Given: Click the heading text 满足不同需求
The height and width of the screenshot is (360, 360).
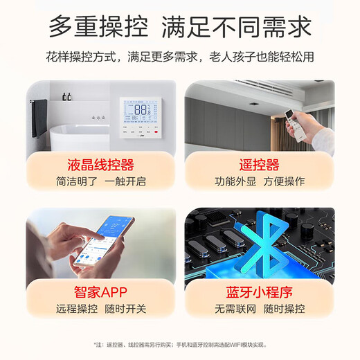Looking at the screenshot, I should [x=237, y=27].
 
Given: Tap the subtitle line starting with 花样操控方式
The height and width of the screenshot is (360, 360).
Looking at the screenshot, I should [x=180, y=57].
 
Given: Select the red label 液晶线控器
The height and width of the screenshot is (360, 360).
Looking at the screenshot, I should [x=101, y=165].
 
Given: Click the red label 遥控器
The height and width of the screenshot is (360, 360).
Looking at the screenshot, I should [x=259, y=165].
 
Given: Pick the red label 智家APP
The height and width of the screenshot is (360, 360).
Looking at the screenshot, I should [x=101, y=292].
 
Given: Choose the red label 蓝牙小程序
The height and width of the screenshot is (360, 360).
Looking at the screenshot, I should [x=259, y=292].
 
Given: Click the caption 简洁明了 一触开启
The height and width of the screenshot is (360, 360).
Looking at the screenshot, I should [x=101, y=182].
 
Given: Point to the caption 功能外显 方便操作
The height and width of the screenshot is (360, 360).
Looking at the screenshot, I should [x=259, y=182].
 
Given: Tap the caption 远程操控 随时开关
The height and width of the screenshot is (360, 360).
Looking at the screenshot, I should [x=101, y=309].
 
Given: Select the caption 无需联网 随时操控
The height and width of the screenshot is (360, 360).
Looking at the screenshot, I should [x=259, y=309].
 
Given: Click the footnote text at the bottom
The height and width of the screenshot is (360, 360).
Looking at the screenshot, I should [x=180, y=344].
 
